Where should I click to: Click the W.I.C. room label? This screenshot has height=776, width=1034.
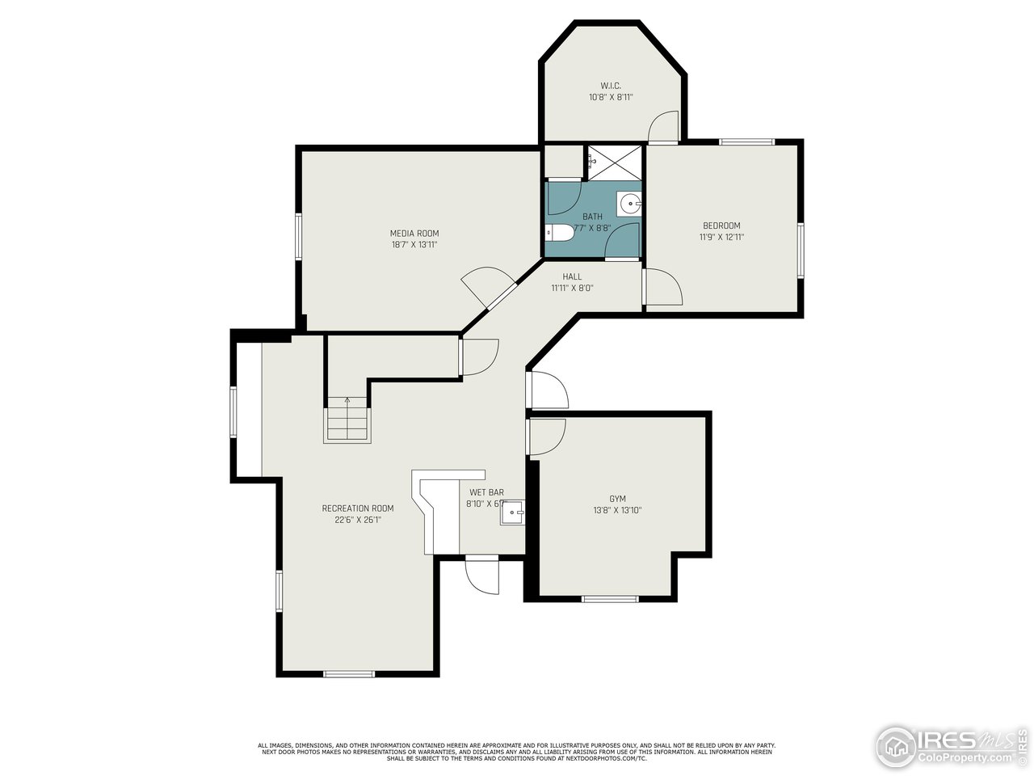coord(610,86)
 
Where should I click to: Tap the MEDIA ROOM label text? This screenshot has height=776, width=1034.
coord(414,234)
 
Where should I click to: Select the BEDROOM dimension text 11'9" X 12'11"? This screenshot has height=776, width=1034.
coord(721,238)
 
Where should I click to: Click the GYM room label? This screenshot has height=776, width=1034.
coord(617,499)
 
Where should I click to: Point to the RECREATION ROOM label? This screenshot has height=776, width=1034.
coord(358,508)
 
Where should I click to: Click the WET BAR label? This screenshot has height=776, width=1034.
coord(486,491)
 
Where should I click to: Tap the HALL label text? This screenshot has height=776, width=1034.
coord(572,276)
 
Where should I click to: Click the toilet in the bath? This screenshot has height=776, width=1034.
coord(559,233)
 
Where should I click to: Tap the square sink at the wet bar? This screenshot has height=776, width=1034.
coord(513,512)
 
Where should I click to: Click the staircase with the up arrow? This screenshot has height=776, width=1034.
coord(347,422)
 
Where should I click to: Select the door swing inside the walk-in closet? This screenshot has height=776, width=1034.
coord(664,127)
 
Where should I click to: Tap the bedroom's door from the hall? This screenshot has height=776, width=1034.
coord(662,288)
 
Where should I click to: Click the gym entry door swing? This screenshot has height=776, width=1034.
coord(547,436)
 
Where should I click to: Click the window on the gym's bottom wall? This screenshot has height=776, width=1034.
coord(610,599)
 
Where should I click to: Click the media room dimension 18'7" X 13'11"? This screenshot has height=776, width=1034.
coord(414,244)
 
